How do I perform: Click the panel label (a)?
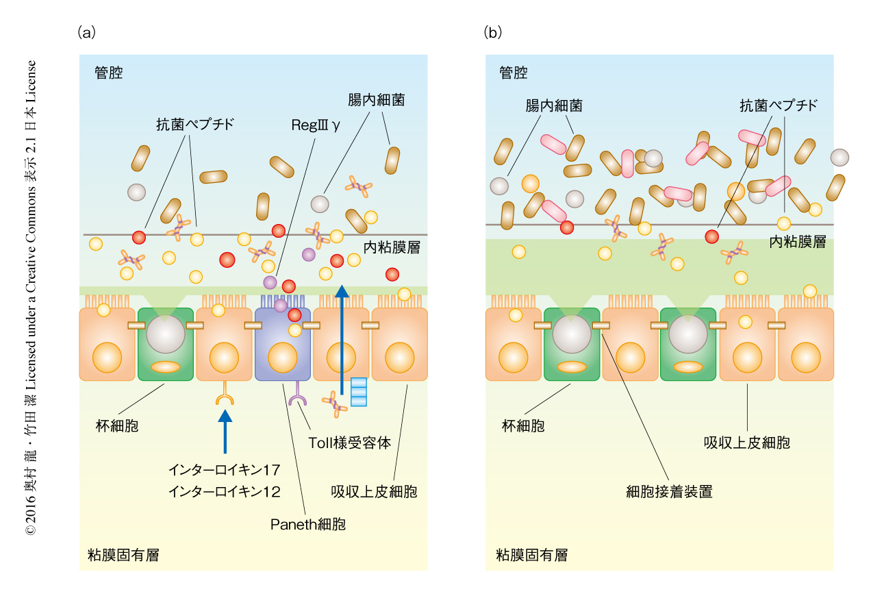(x=86, y=32)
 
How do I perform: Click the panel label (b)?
(x=492, y=32)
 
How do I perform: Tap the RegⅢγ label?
(x=314, y=126)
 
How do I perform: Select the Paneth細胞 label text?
(x=307, y=525)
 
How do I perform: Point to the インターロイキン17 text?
(x=225, y=470)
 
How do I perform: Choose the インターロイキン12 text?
(x=225, y=491)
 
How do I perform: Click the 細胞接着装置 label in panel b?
(x=669, y=492)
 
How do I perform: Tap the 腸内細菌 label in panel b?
(x=554, y=105)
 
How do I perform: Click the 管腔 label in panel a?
(x=109, y=73)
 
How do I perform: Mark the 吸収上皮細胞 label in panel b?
(x=747, y=443)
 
